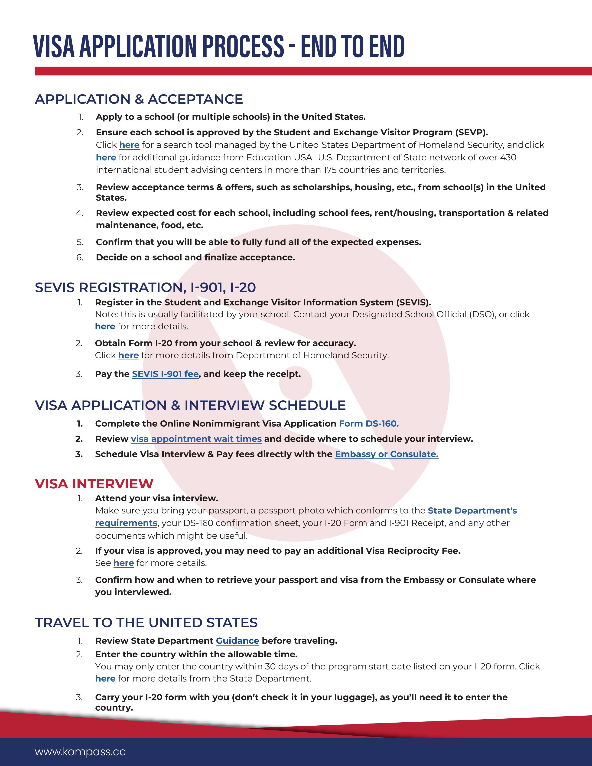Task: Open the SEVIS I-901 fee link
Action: pyautogui.click(x=165, y=374)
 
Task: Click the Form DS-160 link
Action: pyautogui.click(x=369, y=423)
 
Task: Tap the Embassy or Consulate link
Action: pyautogui.click(x=387, y=454)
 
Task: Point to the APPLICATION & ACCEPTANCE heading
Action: pyautogui.click(x=139, y=99)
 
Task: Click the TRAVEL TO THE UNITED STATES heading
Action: pyautogui.click(x=146, y=623)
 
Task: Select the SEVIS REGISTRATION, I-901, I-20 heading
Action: pyautogui.click(x=145, y=287)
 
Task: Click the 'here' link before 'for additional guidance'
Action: pyautogui.click(x=106, y=157)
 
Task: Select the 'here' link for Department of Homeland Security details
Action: pyautogui.click(x=128, y=355)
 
